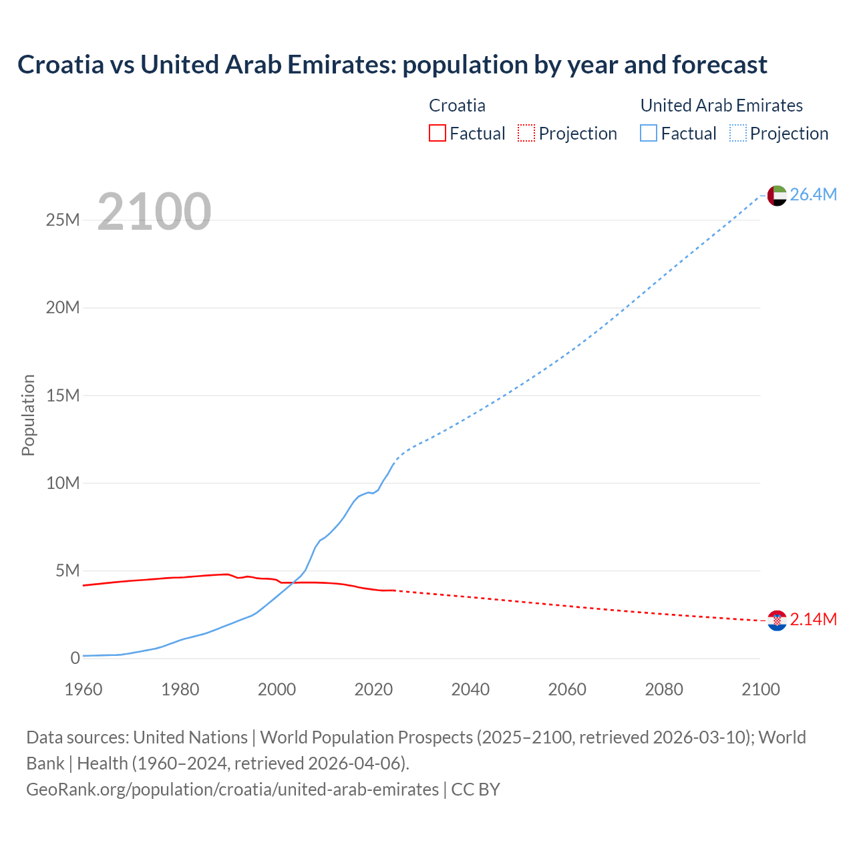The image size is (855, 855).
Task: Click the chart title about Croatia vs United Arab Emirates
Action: tap(392, 65)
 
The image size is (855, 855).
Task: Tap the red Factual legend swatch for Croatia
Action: tap(438, 133)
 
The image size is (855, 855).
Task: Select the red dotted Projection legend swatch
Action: tap(526, 133)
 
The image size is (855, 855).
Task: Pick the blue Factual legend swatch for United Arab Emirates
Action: tap(649, 133)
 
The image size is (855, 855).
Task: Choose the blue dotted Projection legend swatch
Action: tap(738, 133)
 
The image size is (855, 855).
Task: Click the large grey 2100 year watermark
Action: tap(154, 212)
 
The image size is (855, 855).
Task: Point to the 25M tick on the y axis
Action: tap(63, 220)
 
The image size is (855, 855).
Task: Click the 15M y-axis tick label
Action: tap(63, 395)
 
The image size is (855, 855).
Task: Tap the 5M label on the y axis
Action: tap(67, 570)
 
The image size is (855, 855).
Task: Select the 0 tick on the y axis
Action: tap(75, 658)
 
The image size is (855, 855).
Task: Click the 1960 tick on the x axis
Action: tap(83, 689)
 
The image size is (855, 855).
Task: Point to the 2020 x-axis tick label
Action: tap(373, 689)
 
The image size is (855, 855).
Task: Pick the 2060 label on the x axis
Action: tap(567, 689)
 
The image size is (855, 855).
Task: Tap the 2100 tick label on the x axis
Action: tap(760, 689)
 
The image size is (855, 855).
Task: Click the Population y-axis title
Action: tap(28, 415)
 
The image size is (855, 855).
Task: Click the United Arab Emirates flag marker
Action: tap(777, 195)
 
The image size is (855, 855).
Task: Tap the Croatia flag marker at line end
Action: tap(777, 621)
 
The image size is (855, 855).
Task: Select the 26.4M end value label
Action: tap(813, 194)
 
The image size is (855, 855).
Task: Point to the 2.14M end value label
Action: tap(813, 620)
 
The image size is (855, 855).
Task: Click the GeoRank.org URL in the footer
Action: tap(232, 790)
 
